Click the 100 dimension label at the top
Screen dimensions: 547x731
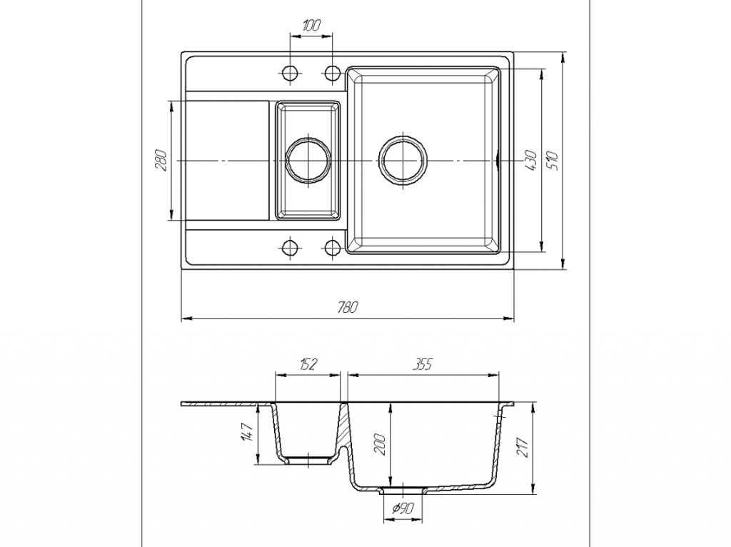(x=311, y=25)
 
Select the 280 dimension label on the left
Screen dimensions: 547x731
(x=161, y=160)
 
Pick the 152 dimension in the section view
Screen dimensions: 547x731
(x=308, y=364)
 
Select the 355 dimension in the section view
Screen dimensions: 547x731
(x=423, y=364)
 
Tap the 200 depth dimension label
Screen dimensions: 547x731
(x=380, y=445)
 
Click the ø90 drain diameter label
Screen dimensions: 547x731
(x=403, y=509)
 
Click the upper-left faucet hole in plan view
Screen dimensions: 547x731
(x=290, y=72)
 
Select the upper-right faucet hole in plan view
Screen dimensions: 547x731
(x=332, y=72)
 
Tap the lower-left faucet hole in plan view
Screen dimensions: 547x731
(x=290, y=248)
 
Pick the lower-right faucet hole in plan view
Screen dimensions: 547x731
(x=332, y=248)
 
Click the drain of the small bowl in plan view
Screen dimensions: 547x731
(x=308, y=159)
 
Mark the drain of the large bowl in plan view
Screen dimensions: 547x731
(x=403, y=159)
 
